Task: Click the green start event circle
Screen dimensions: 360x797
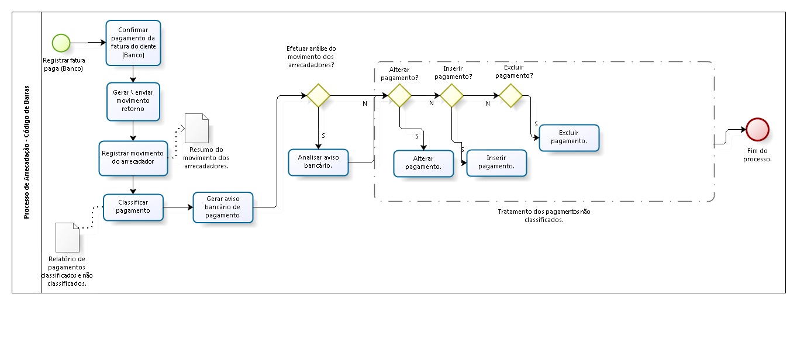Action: click(61, 43)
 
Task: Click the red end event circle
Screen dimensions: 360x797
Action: click(757, 129)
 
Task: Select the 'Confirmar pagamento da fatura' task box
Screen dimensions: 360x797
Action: click(133, 43)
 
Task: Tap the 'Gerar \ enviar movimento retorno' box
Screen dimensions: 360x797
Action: click(133, 101)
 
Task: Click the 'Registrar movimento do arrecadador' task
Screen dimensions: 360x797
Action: click(133, 157)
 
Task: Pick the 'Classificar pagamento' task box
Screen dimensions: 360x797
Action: click(133, 207)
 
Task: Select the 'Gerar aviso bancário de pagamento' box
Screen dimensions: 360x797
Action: click(223, 207)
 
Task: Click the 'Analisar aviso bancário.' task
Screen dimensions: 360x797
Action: click(319, 161)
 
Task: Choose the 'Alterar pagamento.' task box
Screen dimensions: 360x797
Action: click(423, 162)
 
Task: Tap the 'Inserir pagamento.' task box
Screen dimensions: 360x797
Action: click(496, 162)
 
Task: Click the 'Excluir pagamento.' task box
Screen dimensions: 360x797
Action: click(569, 138)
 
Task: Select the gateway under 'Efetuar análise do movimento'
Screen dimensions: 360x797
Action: click(319, 95)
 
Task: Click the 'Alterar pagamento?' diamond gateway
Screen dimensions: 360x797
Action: click(399, 95)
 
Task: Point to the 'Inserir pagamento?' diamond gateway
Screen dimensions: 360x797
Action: click(452, 95)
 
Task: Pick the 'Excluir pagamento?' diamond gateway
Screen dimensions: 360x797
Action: click(510, 95)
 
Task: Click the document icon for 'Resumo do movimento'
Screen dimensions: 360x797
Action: click(196, 127)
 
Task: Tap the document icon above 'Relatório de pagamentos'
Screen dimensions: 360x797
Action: click(67, 237)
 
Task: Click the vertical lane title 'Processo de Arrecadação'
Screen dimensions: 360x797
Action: click(26, 153)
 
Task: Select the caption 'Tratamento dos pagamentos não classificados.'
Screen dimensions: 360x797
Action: click(543, 216)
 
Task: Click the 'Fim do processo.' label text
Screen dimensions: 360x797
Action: click(757, 155)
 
